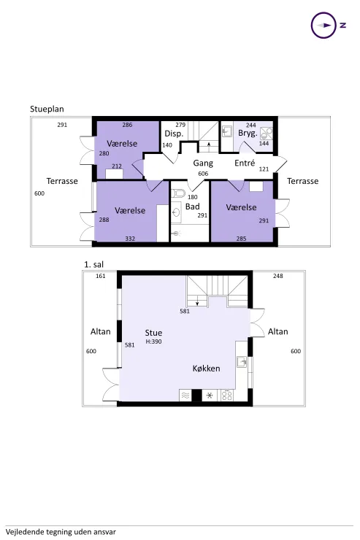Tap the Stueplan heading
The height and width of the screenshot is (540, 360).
[47, 108]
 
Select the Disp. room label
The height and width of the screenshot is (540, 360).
[173, 134]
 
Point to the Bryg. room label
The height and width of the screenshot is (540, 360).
[248, 134]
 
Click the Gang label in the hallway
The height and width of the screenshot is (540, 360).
[203, 163]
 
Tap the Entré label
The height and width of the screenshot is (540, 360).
[245, 163]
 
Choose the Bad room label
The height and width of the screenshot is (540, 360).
[192, 207]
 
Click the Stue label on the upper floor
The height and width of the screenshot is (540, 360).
[153, 332]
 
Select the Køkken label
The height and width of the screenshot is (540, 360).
[206, 369]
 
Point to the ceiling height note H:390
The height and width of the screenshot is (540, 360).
[153, 342]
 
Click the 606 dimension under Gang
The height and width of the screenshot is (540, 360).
[203, 174]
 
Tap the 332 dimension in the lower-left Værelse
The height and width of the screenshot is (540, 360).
[130, 239]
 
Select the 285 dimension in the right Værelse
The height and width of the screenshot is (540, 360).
[241, 239]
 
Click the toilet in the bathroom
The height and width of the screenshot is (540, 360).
[177, 195]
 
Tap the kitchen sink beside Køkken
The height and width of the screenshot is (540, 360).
[243, 362]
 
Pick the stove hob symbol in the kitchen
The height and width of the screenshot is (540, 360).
[227, 396]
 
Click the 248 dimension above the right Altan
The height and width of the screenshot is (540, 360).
[277, 276]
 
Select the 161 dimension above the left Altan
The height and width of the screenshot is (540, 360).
[101, 276]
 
